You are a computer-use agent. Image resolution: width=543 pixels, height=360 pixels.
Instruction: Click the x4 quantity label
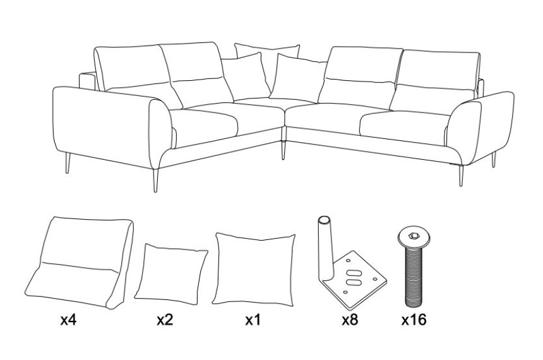point(68,320)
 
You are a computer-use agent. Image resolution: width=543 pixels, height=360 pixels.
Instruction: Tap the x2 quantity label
point(165,320)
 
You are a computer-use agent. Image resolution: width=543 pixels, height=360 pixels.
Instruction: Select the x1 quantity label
point(253,320)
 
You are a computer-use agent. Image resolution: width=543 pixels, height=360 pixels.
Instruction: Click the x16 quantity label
point(414,320)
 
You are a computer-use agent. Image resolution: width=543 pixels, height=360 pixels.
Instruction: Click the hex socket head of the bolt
point(414,236)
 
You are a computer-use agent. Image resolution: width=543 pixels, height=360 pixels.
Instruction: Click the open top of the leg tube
point(325,220)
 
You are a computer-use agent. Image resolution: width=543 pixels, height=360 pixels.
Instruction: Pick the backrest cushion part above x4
point(80,263)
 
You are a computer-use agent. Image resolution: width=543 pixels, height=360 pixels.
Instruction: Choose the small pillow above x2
point(170,273)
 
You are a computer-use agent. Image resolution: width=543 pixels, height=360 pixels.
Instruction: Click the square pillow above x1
point(253,270)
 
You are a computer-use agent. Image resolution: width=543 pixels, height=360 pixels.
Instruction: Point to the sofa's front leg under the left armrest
point(155,180)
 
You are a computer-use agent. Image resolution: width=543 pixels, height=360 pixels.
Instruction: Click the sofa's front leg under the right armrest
point(461,176)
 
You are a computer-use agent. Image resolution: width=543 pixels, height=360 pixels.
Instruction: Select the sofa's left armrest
point(111,126)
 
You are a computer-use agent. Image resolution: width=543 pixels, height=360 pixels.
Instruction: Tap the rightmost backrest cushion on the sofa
point(436,83)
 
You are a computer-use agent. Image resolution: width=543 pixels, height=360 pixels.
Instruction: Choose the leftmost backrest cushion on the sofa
point(133,75)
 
